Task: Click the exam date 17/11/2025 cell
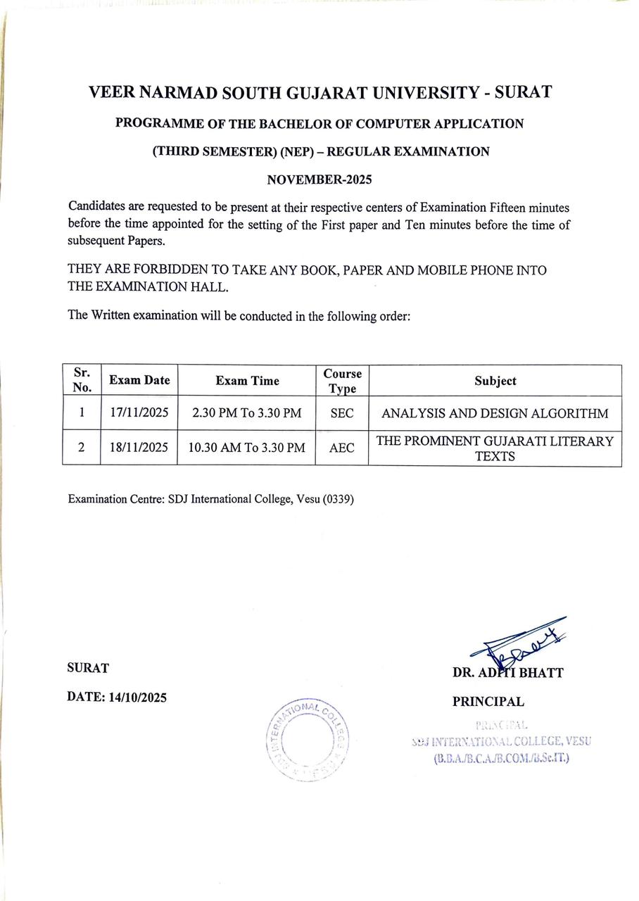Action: tap(139, 413)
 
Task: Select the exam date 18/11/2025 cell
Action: tap(139, 448)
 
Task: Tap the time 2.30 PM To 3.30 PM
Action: tap(246, 413)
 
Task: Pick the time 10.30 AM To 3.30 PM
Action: tap(246, 448)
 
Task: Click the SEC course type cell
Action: tap(341, 413)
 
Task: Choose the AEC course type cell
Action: tap(341, 448)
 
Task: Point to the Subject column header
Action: tap(495, 381)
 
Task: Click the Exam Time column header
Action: tap(247, 381)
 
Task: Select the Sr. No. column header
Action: tap(82, 380)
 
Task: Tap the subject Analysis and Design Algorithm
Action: tap(495, 413)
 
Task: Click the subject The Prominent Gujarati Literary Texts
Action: tap(495, 448)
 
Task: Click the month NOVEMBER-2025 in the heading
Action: tap(319, 179)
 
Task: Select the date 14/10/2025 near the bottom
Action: tap(137, 698)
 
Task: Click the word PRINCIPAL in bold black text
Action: tap(488, 702)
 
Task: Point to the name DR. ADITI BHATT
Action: tap(507, 673)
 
